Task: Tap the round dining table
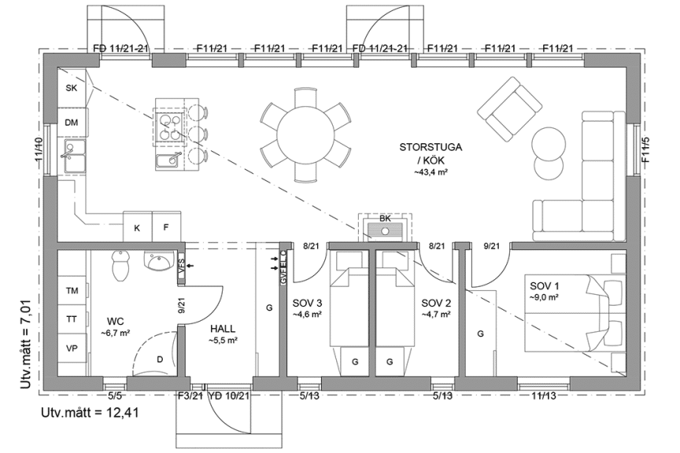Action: click(306, 132)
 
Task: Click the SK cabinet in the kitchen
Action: click(72, 88)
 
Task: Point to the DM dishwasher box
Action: click(72, 123)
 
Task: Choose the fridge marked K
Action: click(137, 228)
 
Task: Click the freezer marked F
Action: click(166, 228)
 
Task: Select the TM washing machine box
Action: click(72, 291)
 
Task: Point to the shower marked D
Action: click(157, 359)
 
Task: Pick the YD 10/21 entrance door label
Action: click(229, 396)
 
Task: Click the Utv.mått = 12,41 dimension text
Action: click(91, 413)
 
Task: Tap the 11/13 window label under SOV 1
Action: click(542, 396)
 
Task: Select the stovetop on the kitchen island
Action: click(169, 124)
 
